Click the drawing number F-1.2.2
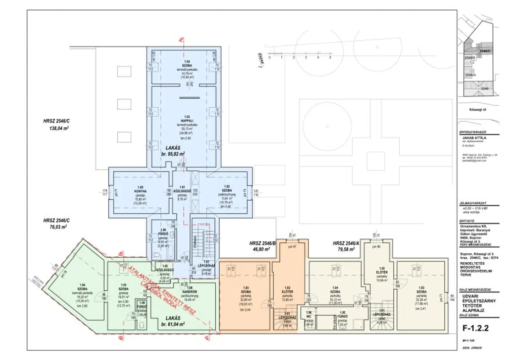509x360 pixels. coord(475,328)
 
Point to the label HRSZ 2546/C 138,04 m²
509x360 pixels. coord(56,125)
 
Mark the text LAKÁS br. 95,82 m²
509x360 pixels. coord(173,151)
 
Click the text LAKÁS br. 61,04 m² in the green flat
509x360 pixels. coord(173,321)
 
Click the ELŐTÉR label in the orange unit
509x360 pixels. coord(288,292)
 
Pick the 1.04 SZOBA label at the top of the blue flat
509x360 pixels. coord(187,64)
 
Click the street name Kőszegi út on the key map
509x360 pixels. coord(478,110)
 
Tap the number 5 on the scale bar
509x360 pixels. coord(330,58)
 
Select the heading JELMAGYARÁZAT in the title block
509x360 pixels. coord(473,203)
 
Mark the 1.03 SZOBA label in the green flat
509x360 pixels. coord(123,287)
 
